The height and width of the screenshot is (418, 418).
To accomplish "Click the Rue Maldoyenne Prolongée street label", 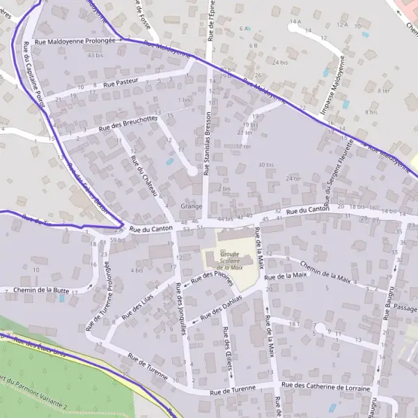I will coord(74,41).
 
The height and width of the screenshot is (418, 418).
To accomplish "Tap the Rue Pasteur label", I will coord(121,83).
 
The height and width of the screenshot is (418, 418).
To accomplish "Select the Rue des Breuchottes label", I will coord(128,123).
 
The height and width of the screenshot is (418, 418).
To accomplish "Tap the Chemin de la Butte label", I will coord(41,289).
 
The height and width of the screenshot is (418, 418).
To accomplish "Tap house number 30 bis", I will coord(265,164).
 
